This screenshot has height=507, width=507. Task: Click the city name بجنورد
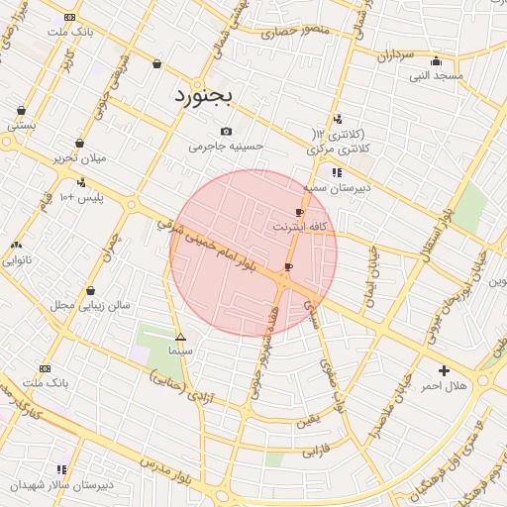[203, 95]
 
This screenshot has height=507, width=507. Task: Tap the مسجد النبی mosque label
[437, 75]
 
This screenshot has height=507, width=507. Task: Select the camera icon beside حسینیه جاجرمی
[227, 132]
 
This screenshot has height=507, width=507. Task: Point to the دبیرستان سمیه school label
[336, 186]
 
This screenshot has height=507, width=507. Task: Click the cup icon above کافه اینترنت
[299, 213]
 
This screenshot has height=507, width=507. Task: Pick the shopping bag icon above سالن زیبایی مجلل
[91, 291]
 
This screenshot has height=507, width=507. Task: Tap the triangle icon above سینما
[179, 337]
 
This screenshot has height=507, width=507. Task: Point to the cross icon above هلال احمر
[444, 370]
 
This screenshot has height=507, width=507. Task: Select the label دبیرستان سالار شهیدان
[61, 485]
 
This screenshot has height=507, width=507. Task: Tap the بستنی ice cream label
[22, 126]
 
